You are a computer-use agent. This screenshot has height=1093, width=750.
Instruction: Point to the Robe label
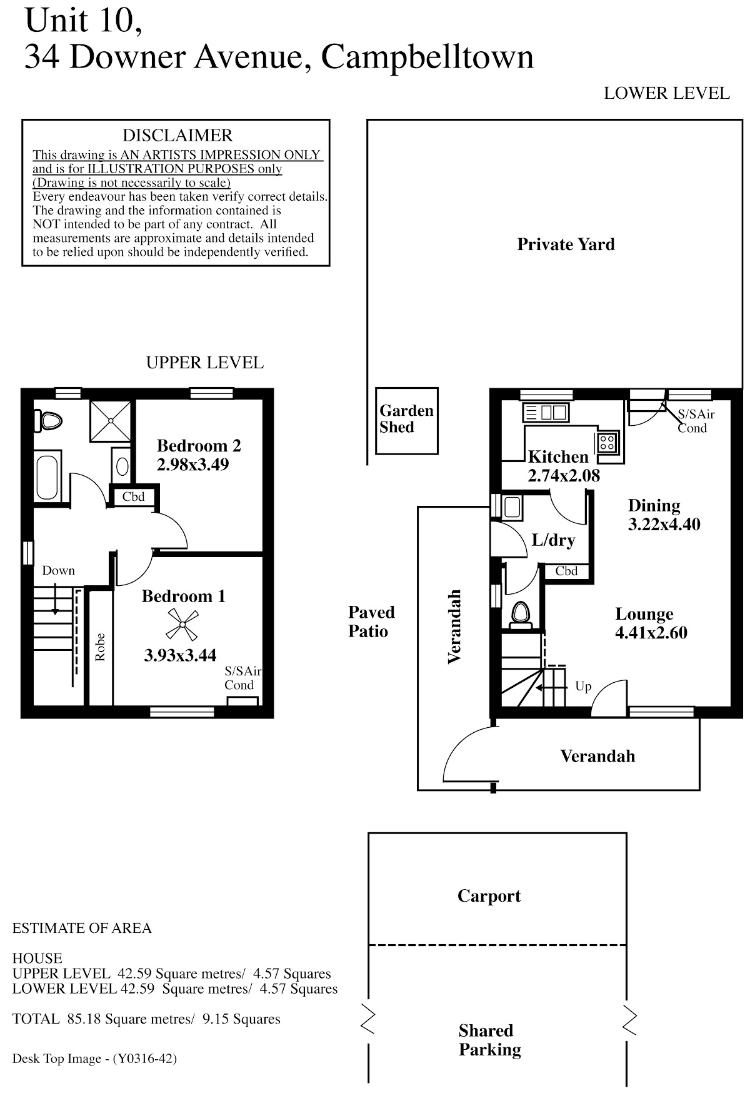(x=100, y=647)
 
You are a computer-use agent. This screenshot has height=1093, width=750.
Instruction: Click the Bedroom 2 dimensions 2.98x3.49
(x=192, y=465)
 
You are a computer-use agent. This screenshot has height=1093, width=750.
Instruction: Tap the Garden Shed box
(x=406, y=420)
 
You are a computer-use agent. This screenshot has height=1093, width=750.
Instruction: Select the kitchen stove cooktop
(x=607, y=442)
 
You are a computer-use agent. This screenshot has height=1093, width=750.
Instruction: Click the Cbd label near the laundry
(x=566, y=571)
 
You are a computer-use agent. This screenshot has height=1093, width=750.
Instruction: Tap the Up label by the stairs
(x=583, y=687)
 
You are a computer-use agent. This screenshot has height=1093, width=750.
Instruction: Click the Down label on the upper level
(x=58, y=570)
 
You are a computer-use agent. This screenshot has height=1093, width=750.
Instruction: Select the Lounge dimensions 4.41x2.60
(x=651, y=633)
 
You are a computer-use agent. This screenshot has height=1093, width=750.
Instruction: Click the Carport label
(x=489, y=896)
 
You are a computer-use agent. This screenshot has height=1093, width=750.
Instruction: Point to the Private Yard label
(x=566, y=244)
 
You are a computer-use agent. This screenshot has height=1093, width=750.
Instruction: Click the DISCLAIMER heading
(x=177, y=136)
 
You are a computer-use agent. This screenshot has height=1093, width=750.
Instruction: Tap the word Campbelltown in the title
(x=427, y=57)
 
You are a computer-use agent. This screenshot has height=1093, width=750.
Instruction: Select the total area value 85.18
(x=84, y=1019)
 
